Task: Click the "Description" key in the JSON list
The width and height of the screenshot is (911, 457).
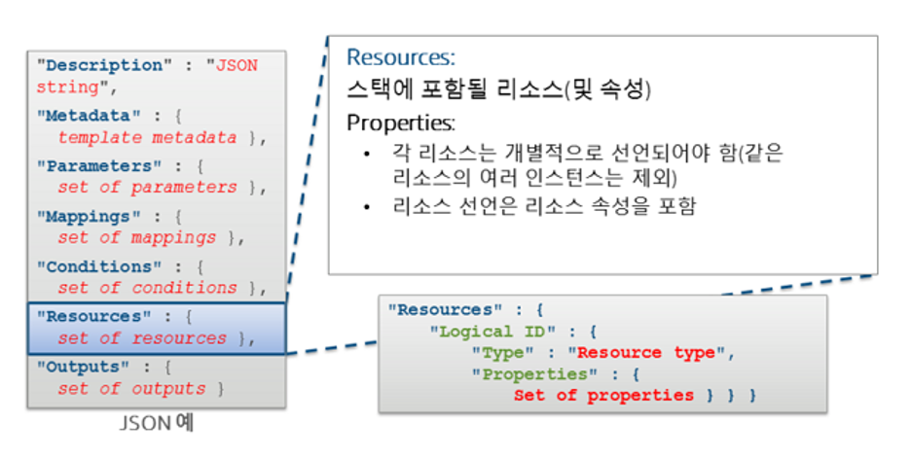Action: pyautogui.click(x=100, y=65)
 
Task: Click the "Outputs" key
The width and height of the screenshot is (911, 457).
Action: pyautogui.click(x=84, y=368)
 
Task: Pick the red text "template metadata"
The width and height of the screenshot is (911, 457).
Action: pyautogui.click(x=147, y=138)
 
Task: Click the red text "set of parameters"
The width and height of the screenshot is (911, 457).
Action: pyautogui.click(x=147, y=188)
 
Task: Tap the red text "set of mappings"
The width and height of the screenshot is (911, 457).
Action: pyautogui.click(x=136, y=238)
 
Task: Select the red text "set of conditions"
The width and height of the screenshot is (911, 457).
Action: pyautogui.click(x=147, y=289)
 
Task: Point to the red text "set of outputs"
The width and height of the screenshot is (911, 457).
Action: pyautogui.click(x=131, y=389)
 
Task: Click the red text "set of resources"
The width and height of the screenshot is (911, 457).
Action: pyautogui.click(x=142, y=339)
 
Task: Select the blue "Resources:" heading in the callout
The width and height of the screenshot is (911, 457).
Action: pyautogui.click(x=401, y=58)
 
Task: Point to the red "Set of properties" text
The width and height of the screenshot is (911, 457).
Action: pyautogui.click(x=603, y=396)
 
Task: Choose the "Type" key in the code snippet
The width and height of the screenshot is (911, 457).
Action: pyautogui.click(x=502, y=353)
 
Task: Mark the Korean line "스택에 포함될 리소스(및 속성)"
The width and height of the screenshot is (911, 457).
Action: pyautogui.click(x=498, y=91)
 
